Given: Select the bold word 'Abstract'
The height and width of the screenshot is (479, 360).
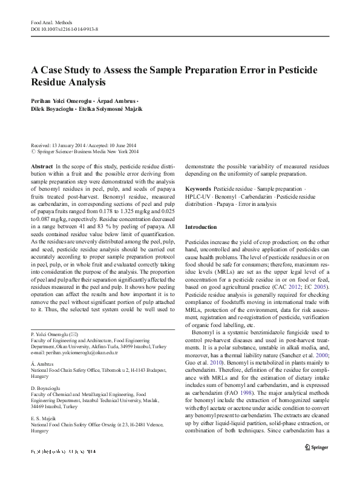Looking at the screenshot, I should click(x=41, y=165).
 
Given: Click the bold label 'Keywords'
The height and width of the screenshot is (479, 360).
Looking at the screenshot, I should click(x=198, y=190).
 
